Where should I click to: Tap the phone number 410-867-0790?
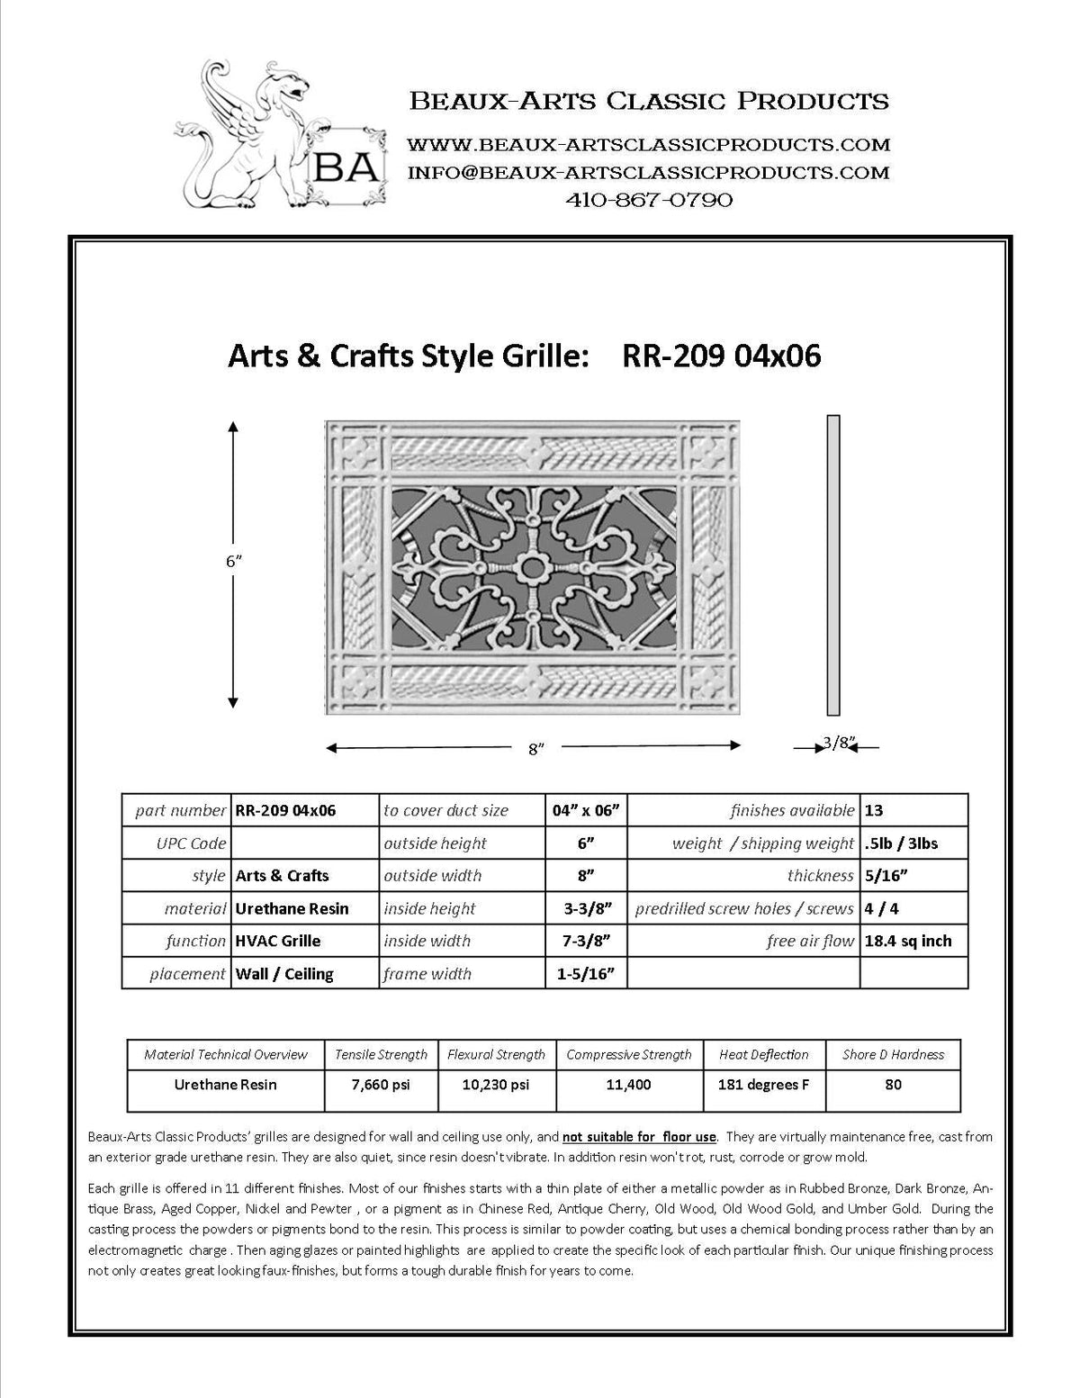tap(649, 200)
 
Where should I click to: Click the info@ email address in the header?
tap(649, 172)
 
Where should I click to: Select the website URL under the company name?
tap(649, 144)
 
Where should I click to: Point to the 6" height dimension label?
tap(234, 561)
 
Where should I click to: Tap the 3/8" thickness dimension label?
tap(838, 744)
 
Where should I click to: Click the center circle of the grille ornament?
tap(534, 568)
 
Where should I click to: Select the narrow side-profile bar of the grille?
tap(833, 565)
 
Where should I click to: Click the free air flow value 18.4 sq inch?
tap(907, 941)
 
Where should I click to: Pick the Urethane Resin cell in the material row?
tap(292, 908)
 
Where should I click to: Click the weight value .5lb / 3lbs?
tap(901, 843)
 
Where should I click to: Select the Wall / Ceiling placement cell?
tap(283, 973)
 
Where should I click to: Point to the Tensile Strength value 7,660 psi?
tap(381, 1085)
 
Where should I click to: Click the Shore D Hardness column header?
tap(893, 1054)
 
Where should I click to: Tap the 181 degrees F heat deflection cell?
tap(763, 1085)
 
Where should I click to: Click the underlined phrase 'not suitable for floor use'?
tap(639, 1136)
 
